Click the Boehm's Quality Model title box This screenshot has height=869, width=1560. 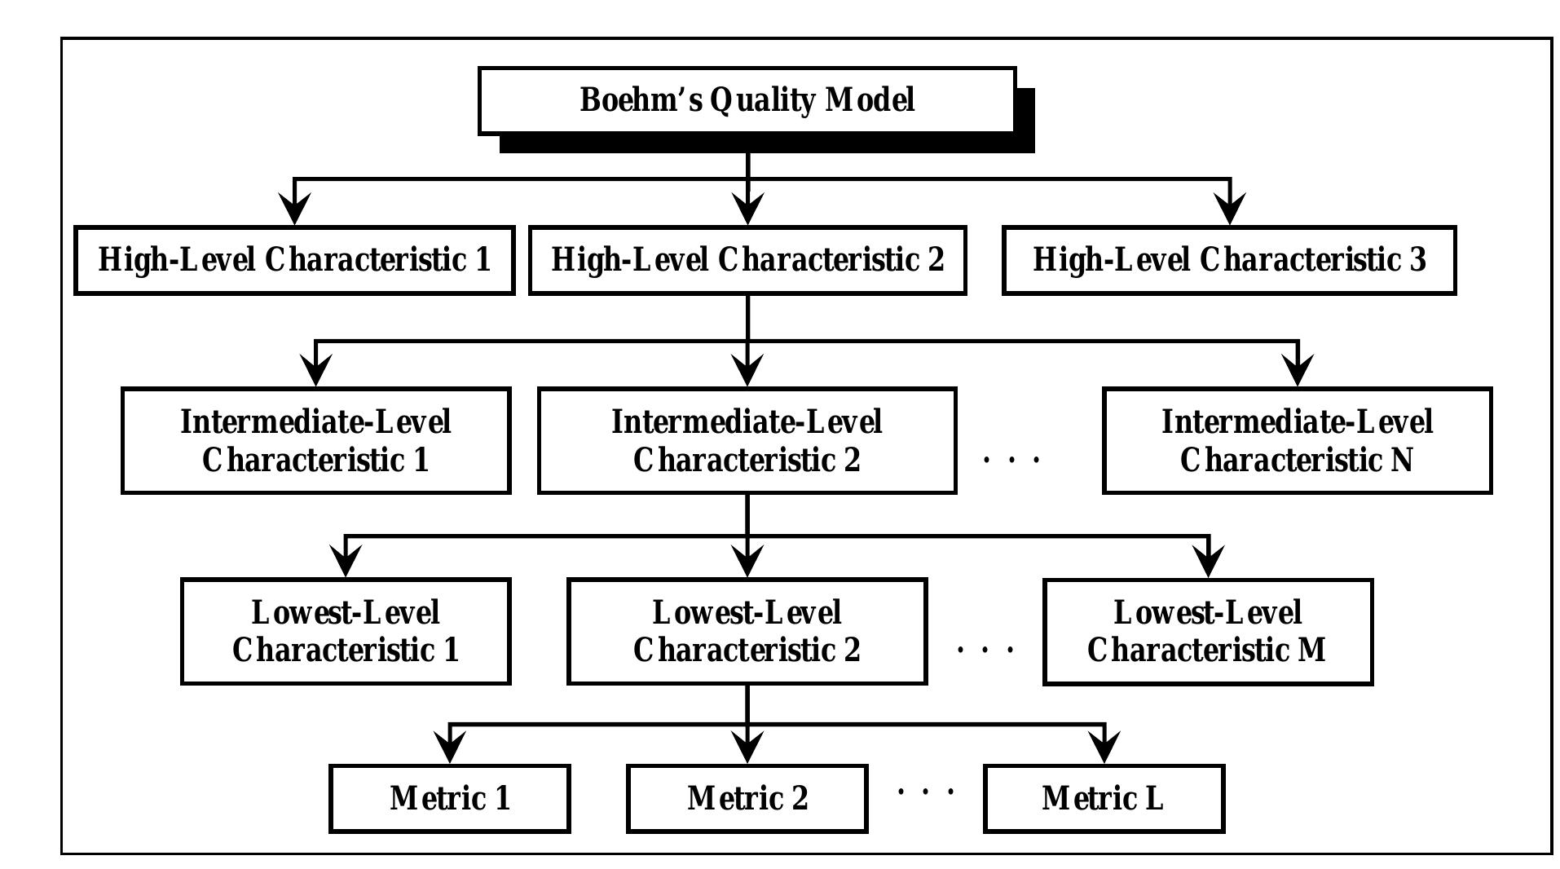747,101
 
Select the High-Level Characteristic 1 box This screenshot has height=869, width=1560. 294,260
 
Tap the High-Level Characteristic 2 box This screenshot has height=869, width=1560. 747,260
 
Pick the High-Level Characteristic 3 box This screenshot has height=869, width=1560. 1229,260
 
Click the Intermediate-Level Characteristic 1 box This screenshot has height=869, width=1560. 315,441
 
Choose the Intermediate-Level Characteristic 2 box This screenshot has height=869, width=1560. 747,441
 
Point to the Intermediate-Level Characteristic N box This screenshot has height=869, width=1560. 1297,441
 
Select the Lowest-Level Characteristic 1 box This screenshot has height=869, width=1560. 346,632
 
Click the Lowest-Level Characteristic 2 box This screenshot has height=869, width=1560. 747,632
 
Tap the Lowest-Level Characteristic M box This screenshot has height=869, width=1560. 1208,632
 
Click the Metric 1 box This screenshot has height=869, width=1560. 450,798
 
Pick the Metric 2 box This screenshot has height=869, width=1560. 747,798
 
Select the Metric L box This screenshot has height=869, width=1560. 1104,798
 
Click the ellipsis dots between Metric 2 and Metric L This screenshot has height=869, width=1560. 925,791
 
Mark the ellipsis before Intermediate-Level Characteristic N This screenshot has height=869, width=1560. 1011,461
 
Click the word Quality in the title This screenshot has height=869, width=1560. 762,101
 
